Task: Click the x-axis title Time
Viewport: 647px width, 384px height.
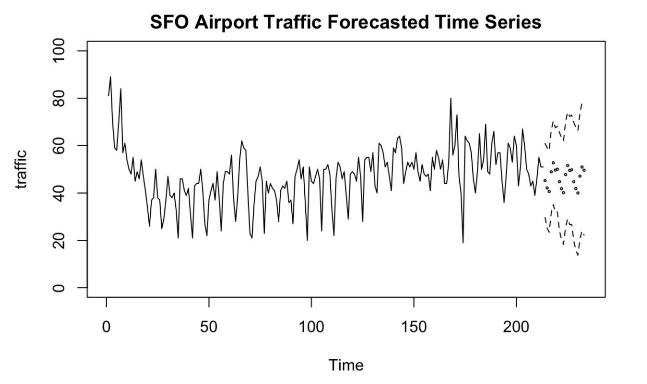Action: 346,365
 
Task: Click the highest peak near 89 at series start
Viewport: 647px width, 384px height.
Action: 110,77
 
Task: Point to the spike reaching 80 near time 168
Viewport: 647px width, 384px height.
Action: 451,98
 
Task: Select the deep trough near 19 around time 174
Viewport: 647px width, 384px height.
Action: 463,242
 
